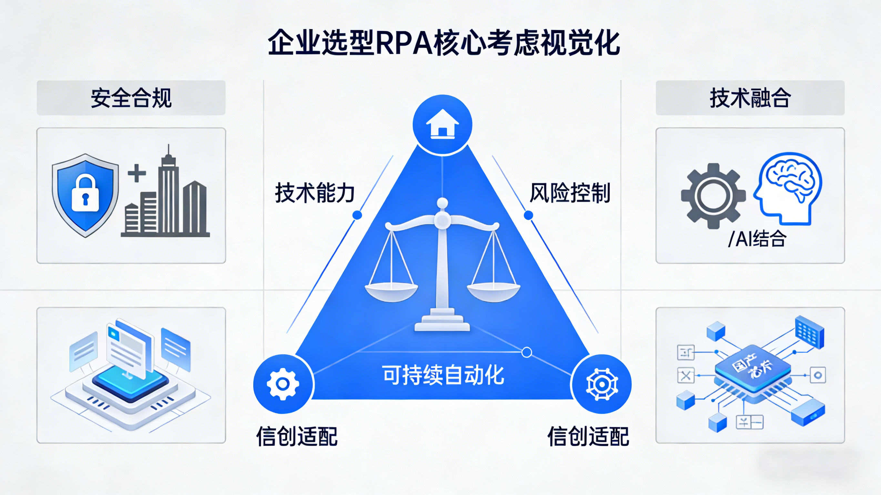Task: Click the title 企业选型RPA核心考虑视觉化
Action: (x=444, y=43)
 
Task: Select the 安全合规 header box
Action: (x=131, y=98)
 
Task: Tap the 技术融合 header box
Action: (x=750, y=98)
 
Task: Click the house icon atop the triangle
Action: (x=442, y=124)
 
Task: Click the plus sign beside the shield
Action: (x=137, y=173)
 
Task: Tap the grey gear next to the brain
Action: (x=713, y=196)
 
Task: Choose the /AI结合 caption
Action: (x=757, y=239)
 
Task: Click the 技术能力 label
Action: (x=315, y=193)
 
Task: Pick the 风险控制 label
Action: (x=570, y=193)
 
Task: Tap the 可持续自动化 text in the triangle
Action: (x=443, y=375)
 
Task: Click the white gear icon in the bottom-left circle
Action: (x=283, y=384)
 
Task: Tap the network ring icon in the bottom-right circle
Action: (x=602, y=384)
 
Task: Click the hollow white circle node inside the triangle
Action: (x=527, y=352)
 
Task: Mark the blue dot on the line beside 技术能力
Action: (x=357, y=215)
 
